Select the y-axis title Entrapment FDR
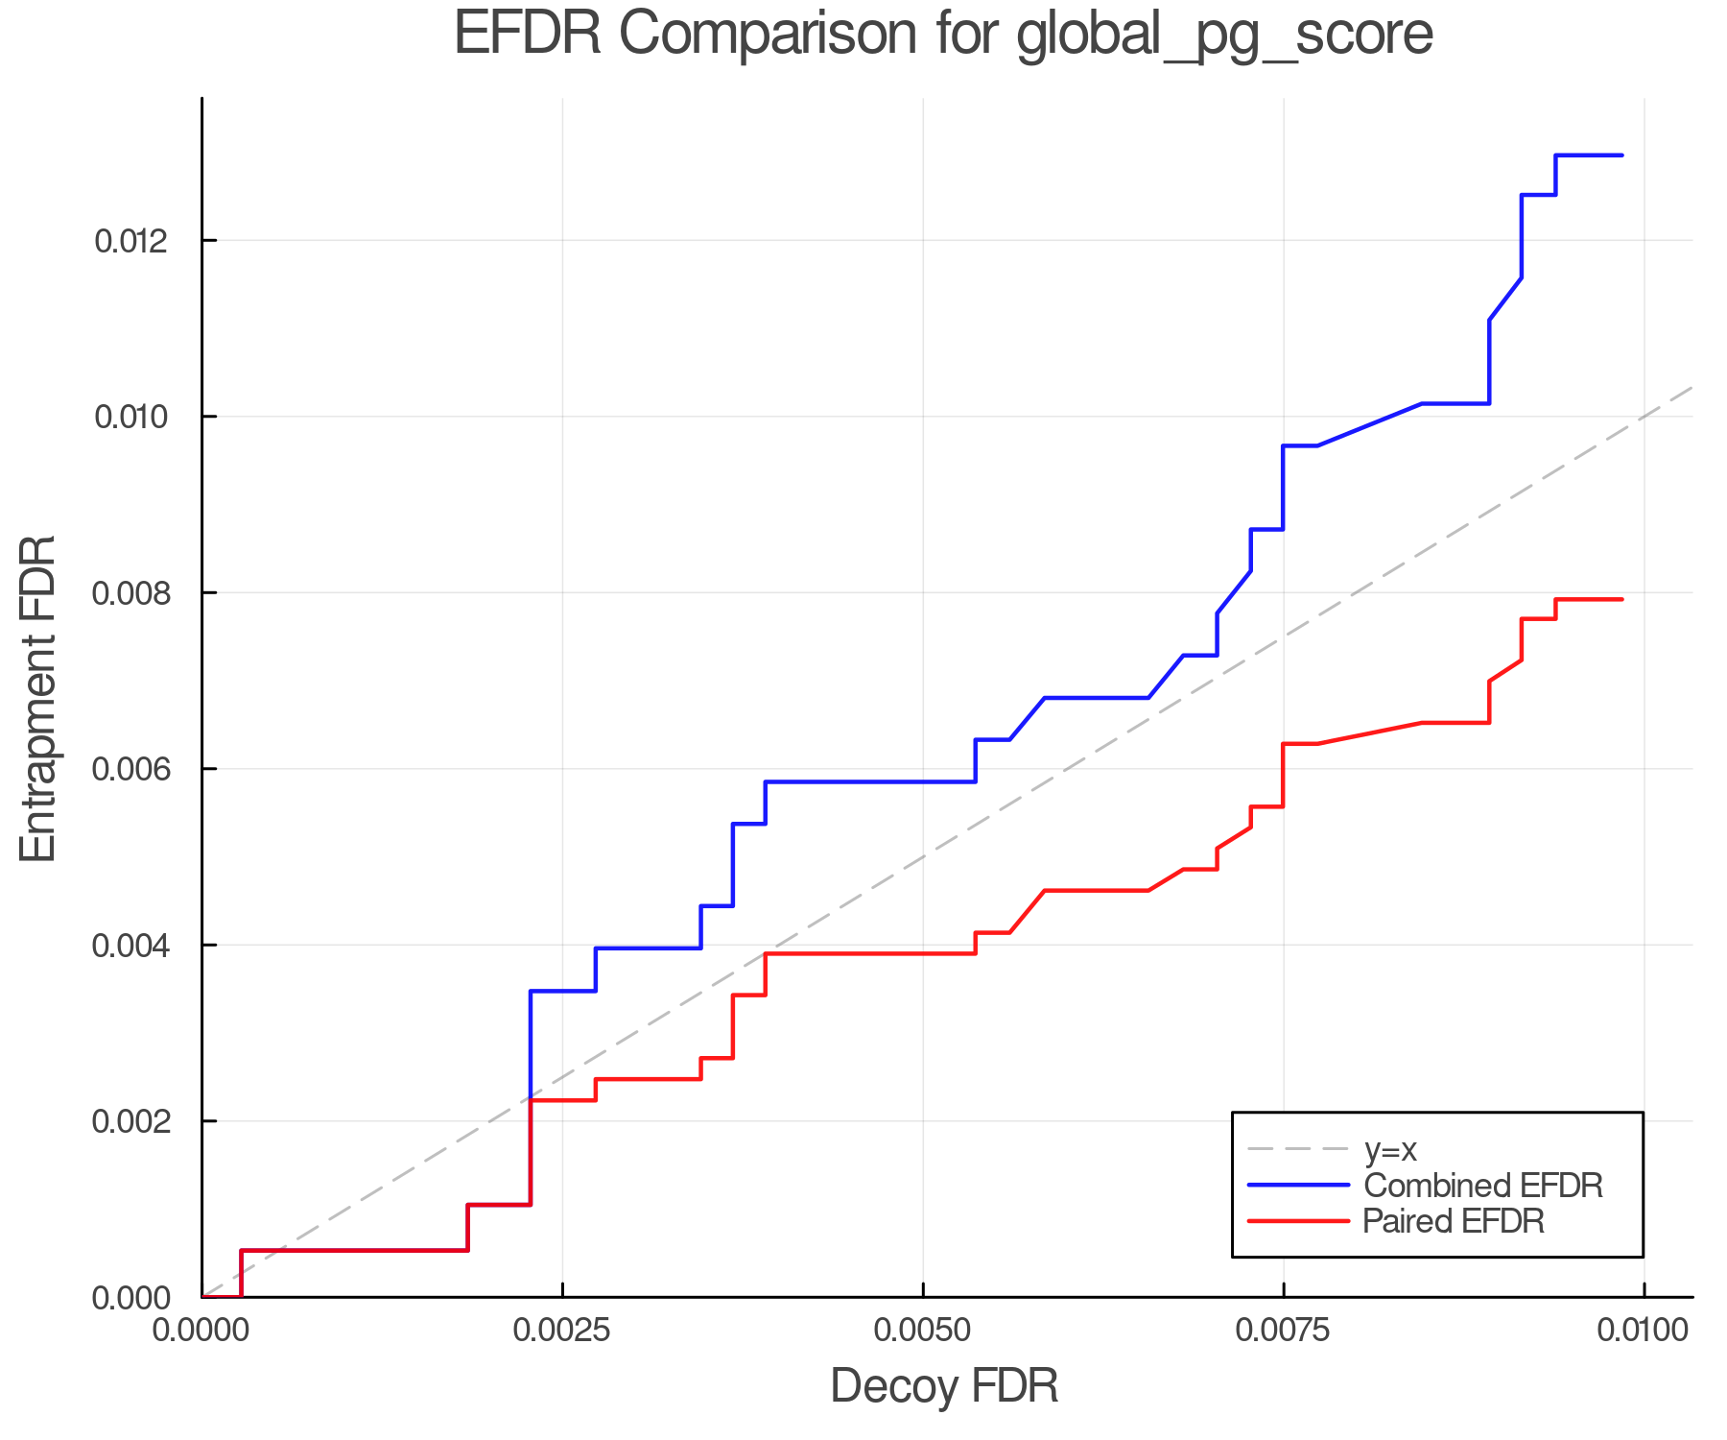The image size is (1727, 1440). point(38,698)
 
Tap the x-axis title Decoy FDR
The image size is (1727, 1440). point(944,1385)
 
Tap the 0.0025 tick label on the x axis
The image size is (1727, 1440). point(562,1331)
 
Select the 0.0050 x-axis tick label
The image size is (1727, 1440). point(923,1331)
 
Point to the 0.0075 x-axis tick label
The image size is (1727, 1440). point(1284,1331)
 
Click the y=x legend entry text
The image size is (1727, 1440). point(1390,1149)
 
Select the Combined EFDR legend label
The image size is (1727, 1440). point(1482,1186)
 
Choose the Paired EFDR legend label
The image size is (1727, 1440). point(1453,1221)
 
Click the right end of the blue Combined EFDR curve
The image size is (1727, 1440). point(1621,155)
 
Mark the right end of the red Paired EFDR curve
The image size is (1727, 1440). point(1621,599)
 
